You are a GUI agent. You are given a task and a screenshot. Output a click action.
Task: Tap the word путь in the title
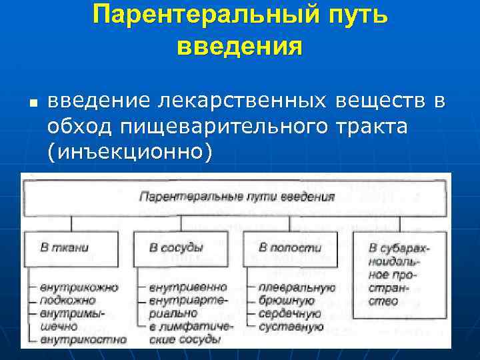coord(353,15)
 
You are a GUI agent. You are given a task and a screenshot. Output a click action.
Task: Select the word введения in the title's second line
coord(240,47)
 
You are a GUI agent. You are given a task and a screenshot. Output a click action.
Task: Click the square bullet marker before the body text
coord(31,104)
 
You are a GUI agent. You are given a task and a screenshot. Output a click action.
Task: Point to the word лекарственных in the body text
coord(243,101)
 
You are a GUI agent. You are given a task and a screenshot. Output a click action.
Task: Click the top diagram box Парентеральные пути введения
coord(236,197)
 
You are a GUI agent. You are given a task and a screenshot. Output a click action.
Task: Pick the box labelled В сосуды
coord(175,248)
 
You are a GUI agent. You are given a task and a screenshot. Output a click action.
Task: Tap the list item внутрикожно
coord(79,287)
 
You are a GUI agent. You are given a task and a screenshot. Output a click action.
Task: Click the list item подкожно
coord(67,300)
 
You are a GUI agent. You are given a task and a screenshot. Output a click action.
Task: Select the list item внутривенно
coord(187,287)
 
